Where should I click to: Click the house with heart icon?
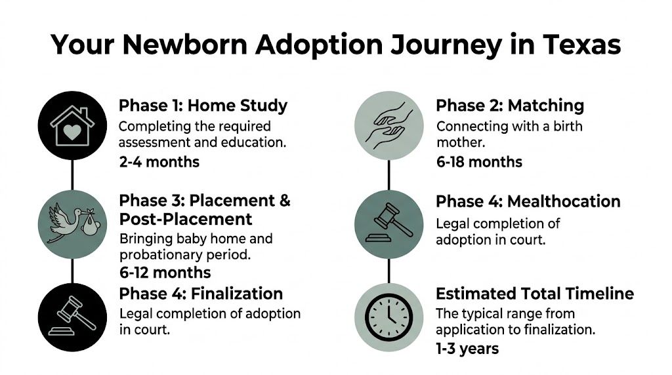pyautogui.click(x=72, y=125)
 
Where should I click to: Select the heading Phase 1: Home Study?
pyautogui.click(x=203, y=106)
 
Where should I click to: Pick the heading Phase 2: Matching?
pyautogui.click(x=510, y=106)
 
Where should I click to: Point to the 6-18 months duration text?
pyautogui.click(x=479, y=162)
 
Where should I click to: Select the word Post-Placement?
pyautogui.click(x=186, y=218)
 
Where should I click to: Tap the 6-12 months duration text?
pyautogui.click(x=165, y=273)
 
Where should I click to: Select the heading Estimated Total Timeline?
pyautogui.click(x=535, y=294)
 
